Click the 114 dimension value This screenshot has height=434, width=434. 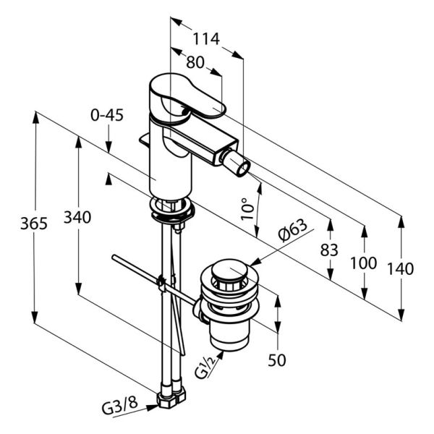tap(206, 39)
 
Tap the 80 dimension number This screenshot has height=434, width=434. tap(195, 62)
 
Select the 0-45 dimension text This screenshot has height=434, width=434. tap(107, 115)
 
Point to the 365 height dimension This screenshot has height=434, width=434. tap(34, 223)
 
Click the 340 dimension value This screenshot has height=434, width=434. tap(77, 217)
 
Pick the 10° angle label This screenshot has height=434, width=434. tap(247, 209)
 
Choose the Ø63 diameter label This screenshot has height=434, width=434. tap(292, 230)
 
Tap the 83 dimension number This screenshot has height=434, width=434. tap(329, 250)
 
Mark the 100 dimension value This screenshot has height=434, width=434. tap(363, 263)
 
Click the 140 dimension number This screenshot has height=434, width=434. tap(400, 268)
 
